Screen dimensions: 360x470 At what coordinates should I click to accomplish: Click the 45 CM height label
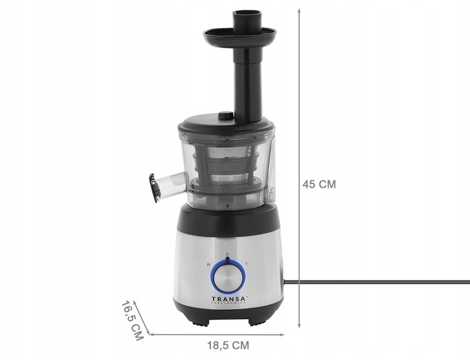[319, 185]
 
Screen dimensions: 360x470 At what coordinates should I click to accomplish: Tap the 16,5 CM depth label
[133, 320]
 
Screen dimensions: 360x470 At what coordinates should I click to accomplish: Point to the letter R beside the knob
[208, 264]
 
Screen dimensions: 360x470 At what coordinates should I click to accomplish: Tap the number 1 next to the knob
[246, 264]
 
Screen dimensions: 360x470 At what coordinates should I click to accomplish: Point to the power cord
[379, 282]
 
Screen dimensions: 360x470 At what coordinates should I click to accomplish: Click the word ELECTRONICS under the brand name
[227, 304]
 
